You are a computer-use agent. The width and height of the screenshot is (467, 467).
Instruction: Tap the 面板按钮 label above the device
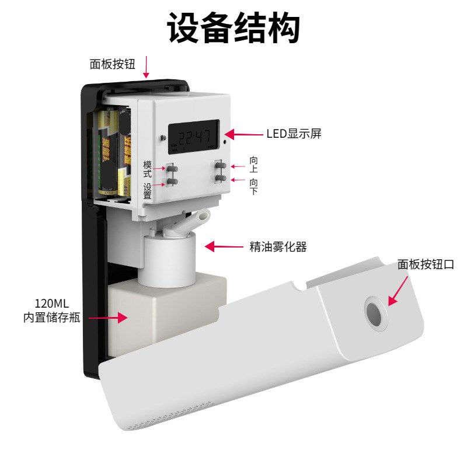pos(113,64)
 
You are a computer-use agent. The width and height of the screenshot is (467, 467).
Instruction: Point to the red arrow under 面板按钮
pos(146,67)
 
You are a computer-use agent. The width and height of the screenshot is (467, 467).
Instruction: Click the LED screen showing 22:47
pos(193,138)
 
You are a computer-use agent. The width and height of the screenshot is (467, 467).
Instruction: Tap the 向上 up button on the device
pos(221,166)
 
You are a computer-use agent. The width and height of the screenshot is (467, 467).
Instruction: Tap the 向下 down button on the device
pos(221,178)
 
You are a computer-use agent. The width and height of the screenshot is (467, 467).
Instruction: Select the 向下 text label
pos(253,186)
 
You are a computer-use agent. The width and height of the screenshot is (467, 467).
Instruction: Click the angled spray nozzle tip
pos(203,217)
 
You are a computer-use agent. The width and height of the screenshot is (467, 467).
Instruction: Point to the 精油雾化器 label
pos(278,247)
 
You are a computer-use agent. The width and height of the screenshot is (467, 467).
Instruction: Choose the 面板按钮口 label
pos(426,264)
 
